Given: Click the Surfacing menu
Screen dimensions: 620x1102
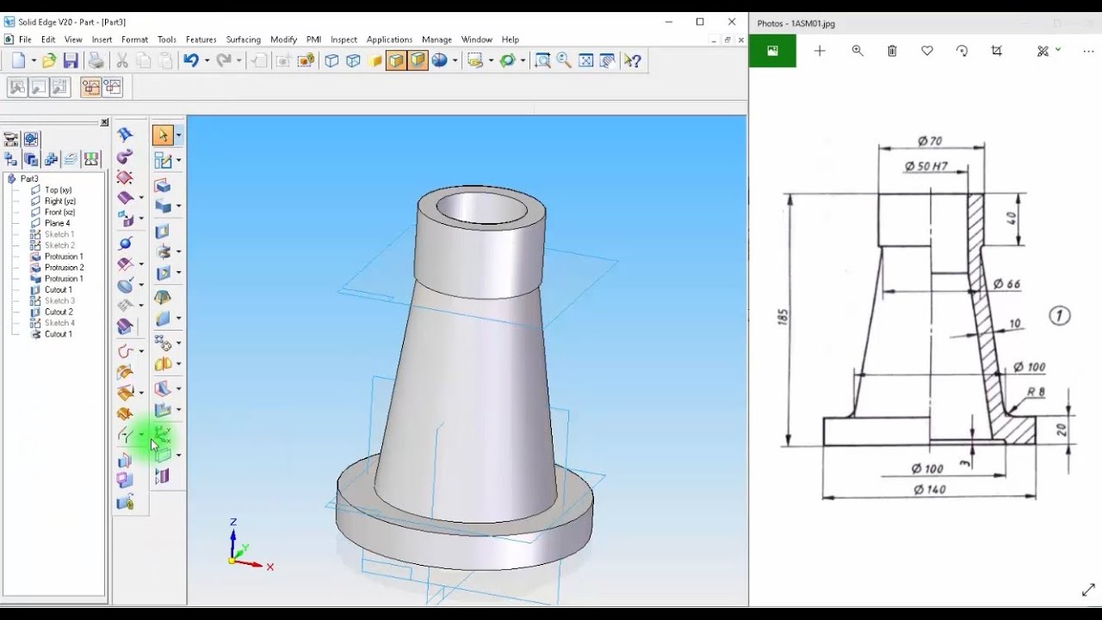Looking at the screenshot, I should tap(243, 40).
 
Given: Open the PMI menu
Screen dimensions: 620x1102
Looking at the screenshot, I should tap(313, 40).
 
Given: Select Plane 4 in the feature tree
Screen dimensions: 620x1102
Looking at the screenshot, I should tap(57, 223).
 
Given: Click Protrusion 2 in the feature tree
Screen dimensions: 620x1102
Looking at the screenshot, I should tap(64, 268).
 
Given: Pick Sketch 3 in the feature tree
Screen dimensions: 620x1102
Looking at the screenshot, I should tap(59, 301).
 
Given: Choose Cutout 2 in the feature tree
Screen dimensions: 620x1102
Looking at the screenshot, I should tap(59, 312).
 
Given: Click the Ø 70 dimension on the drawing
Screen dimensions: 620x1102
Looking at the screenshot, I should tap(929, 140).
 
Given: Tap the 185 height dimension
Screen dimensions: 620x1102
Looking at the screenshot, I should tap(782, 317).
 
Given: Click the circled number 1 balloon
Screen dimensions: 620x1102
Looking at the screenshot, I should tap(1059, 316).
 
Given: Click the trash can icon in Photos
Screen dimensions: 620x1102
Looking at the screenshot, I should tap(892, 51).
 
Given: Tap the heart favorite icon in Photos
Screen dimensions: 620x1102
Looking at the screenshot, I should tap(927, 51).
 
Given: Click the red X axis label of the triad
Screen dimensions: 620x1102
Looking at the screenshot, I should tap(269, 567).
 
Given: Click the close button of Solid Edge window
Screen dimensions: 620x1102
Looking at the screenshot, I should tap(732, 22).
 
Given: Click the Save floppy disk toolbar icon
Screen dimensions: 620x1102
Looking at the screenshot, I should tap(71, 60).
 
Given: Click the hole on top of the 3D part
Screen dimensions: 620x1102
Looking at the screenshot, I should tap(481, 207).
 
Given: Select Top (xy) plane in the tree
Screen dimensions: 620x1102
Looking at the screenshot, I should tap(58, 189).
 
